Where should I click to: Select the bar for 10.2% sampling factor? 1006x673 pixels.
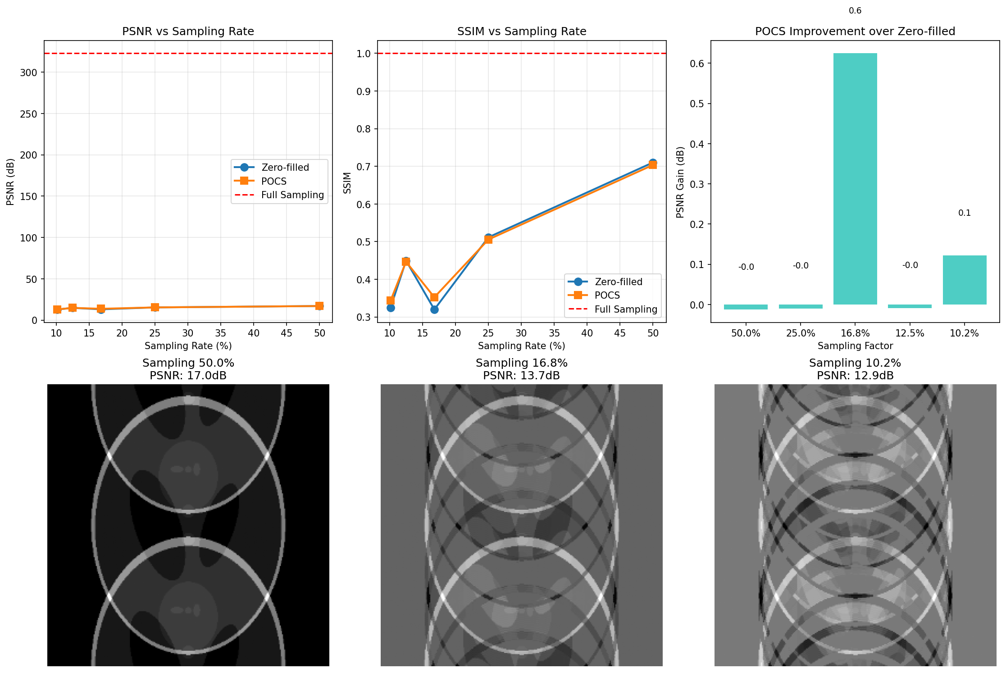964,280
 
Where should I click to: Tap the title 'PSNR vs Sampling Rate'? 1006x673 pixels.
188,32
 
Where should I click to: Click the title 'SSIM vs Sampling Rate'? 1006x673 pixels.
521,32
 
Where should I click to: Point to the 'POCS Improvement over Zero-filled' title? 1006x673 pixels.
855,32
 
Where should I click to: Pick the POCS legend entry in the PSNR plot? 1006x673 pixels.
273,181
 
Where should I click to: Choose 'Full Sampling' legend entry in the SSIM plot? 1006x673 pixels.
625,309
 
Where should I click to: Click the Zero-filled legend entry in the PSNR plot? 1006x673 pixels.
285,168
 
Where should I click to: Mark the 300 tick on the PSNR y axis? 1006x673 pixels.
28,73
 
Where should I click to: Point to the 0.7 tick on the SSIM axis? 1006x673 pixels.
363,167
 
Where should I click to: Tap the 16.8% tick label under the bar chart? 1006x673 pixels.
855,333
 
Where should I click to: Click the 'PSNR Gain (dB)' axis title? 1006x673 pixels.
680,182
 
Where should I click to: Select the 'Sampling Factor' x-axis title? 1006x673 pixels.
855,346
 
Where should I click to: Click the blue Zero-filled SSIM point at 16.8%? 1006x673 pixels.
434,309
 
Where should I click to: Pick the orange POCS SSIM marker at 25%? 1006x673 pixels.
488,240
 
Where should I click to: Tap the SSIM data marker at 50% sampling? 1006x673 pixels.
652,164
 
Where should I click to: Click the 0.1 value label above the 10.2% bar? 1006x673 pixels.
964,213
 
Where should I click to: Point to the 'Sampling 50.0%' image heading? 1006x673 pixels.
188,363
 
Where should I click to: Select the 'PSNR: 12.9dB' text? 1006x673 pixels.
855,376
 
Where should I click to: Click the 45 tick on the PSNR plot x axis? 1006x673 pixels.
287,333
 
